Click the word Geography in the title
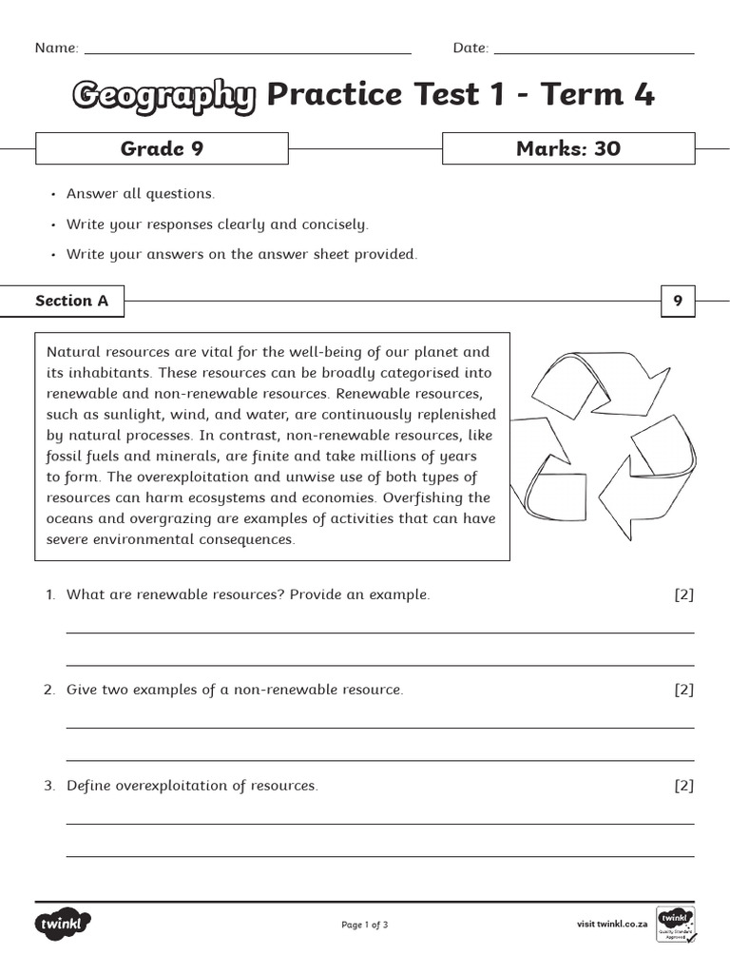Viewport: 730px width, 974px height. [x=163, y=95]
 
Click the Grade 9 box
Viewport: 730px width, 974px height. [x=162, y=148]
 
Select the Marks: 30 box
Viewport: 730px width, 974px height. [x=568, y=148]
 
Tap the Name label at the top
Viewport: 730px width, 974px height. [x=56, y=49]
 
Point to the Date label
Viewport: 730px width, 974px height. [x=471, y=49]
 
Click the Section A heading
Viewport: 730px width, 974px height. [x=72, y=302]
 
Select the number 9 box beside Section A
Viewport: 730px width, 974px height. [x=678, y=302]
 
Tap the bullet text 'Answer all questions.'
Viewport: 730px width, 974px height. [x=141, y=194]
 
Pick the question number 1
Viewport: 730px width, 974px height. [x=50, y=594]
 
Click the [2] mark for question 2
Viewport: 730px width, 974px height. [x=683, y=690]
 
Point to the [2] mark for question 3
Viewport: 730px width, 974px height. [x=683, y=786]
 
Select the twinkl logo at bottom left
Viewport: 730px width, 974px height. [x=63, y=923]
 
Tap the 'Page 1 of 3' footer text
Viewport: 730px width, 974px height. [x=365, y=925]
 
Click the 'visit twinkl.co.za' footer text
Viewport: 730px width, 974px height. [x=612, y=925]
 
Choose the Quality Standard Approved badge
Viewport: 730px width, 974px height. [x=676, y=924]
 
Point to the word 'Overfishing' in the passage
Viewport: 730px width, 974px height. [x=451, y=497]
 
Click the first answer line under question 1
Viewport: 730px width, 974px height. [x=380, y=632]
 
